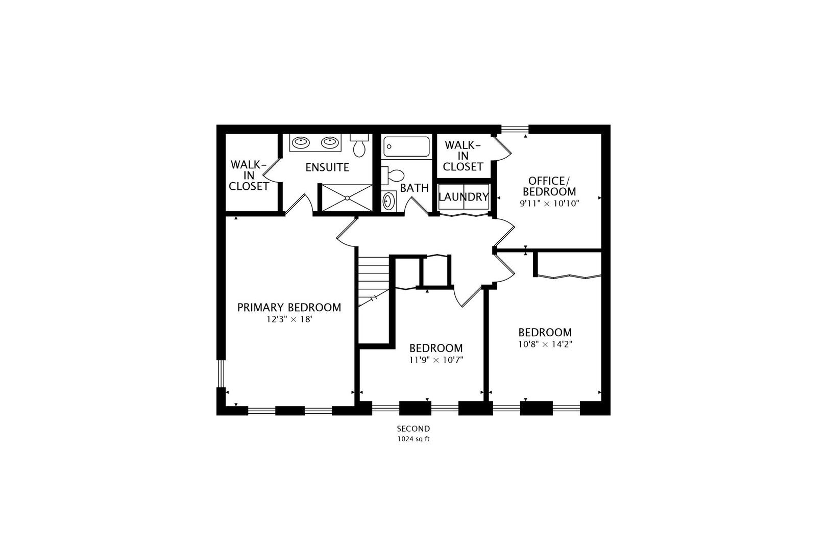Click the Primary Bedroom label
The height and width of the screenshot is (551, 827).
coord(289,308)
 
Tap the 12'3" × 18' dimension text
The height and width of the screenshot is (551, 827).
coord(289,320)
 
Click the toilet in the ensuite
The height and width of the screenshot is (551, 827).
coord(359,146)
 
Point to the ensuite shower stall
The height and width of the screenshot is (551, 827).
coord(346,197)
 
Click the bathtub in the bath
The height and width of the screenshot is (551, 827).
coord(406,146)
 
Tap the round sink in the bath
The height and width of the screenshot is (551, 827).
coord(388,201)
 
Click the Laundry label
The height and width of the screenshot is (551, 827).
coord(464,197)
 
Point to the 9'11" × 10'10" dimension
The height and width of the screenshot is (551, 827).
coord(549,203)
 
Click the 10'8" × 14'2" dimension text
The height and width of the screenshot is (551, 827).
coord(545,344)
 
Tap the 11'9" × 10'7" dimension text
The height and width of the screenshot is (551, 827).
coord(436,360)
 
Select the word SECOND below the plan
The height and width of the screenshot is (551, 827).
coord(413,429)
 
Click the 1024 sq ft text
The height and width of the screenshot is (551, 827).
coord(413,439)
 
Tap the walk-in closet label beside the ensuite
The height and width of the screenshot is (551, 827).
coord(249,176)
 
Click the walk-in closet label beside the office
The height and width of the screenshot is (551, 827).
coord(463,156)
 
